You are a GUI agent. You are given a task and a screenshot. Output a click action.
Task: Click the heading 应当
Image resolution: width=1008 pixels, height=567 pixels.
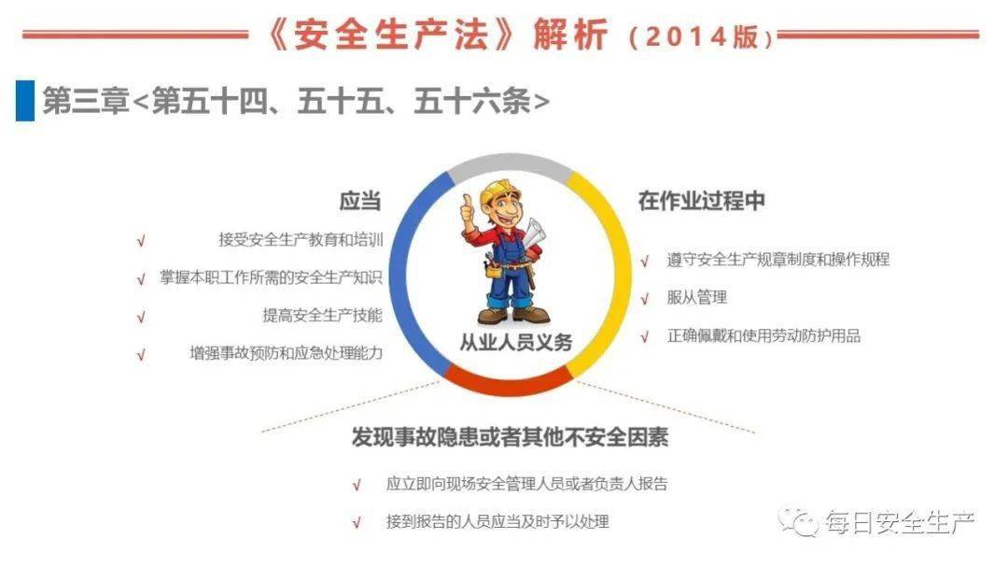pos(359,202)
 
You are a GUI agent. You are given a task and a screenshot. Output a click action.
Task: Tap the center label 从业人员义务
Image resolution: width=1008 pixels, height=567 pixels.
pos(515,343)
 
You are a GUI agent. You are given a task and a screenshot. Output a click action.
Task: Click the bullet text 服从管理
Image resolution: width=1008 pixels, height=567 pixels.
pos(696,298)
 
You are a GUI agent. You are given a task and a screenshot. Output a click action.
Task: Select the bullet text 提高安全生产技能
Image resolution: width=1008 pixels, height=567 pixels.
pos(322,316)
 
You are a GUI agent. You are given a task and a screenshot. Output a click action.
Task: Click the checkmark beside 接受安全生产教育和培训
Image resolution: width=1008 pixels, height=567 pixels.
pos(141,241)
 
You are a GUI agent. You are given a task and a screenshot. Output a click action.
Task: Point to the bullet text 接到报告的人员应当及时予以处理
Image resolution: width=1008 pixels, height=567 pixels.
pos(497,522)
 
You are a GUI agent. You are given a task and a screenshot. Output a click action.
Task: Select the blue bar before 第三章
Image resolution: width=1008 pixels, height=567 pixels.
pos(25,101)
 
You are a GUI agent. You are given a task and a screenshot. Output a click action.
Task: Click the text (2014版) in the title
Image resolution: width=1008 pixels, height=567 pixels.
pos(701,36)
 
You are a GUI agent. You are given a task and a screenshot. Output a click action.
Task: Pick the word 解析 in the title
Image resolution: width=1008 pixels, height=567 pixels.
pos(571,35)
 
